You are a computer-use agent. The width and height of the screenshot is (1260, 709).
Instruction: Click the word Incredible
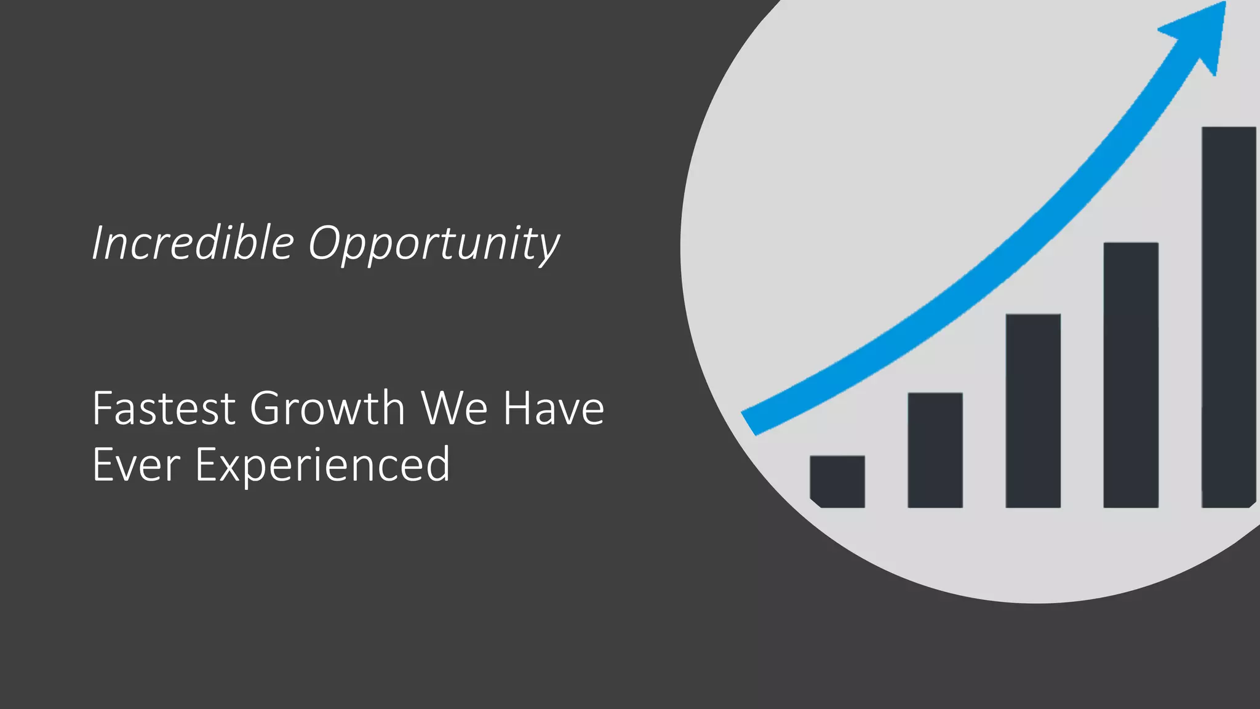[x=193, y=242]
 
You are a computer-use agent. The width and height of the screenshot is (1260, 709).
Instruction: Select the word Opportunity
[x=434, y=245]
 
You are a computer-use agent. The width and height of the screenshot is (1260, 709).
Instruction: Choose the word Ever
[x=136, y=465]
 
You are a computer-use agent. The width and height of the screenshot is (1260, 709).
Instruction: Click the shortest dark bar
[x=837, y=481]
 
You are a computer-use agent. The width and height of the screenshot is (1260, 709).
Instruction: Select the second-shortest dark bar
[x=935, y=450]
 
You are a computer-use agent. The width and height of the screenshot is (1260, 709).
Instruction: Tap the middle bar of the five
[x=1033, y=411]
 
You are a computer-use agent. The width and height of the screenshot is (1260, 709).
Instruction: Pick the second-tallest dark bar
[x=1131, y=375]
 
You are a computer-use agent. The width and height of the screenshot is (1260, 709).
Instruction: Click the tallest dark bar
[x=1228, y=317]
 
